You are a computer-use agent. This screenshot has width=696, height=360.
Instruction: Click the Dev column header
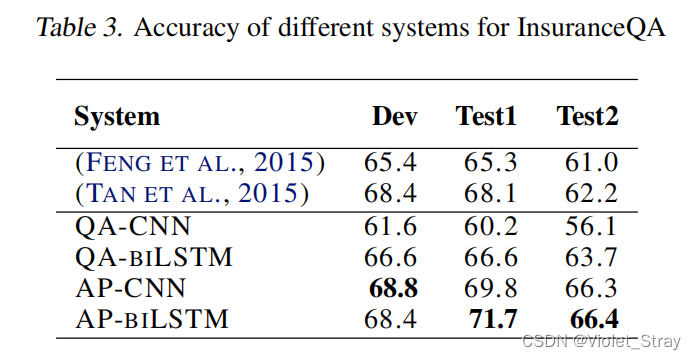coord(394,116)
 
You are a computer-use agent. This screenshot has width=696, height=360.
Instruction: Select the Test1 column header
coord(486,116)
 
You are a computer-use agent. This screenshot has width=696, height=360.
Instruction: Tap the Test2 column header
coord(587,116)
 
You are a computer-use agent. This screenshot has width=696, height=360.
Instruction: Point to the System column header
coord(116,116)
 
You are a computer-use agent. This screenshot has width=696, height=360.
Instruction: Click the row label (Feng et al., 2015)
coord(200,162)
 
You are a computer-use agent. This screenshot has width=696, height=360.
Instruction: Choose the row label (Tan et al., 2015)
coord(192,193)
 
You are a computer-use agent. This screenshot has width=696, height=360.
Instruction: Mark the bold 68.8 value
coord(394,289)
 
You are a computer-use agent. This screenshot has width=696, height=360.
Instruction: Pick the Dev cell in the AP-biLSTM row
coord(394,320)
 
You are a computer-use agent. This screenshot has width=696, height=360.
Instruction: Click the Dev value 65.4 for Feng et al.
coord(394,162)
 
